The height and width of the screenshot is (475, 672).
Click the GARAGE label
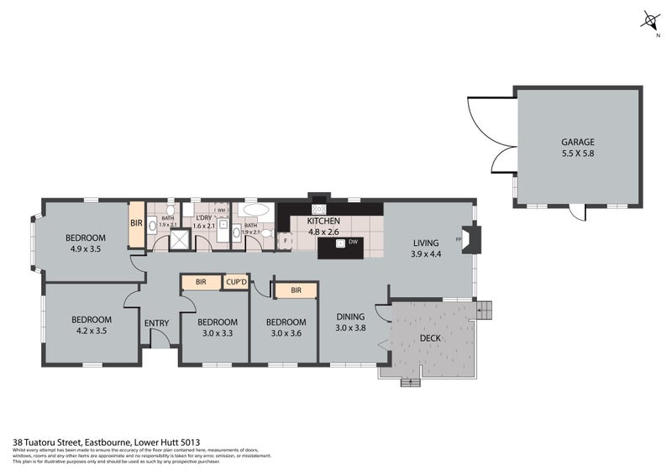[576, 142]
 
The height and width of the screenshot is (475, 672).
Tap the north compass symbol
[648, 20]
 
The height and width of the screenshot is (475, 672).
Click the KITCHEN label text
[323, 221]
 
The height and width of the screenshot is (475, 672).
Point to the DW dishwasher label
[354, 243]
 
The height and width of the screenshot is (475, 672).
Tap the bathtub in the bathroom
[256, 210]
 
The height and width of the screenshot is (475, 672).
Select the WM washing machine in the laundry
[221, 211]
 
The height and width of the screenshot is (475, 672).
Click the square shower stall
[180, 242]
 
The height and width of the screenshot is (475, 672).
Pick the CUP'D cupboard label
[236, 283]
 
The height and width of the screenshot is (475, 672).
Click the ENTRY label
[156, 323]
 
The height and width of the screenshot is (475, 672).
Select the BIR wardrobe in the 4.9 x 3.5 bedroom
[136, 225]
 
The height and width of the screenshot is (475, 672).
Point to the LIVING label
[425, 243]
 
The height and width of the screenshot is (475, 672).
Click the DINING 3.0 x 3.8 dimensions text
[350, 328]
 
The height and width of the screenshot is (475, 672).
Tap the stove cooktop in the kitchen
[318, 209]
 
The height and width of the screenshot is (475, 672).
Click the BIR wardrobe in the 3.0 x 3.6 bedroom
[296, 291]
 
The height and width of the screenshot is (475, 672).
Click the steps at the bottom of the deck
[410, 382]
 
